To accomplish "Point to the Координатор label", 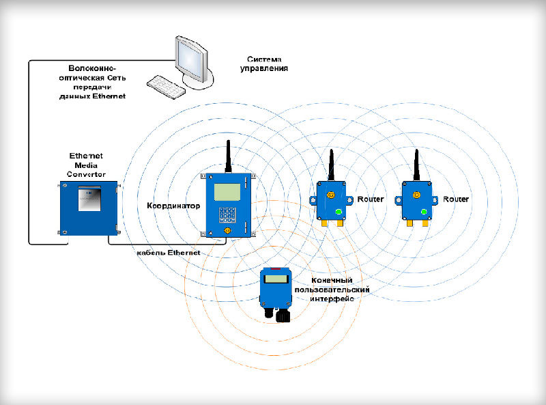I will (174, 205).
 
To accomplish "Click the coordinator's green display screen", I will (227, 192).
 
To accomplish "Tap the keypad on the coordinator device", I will (227, 216).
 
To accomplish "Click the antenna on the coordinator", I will (228, 156).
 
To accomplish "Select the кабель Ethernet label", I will (169, 253).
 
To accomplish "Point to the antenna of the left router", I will (331, 164).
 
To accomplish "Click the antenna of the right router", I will (417, 164).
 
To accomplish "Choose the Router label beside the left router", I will (371, 199).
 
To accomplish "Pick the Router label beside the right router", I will (456, 199).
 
